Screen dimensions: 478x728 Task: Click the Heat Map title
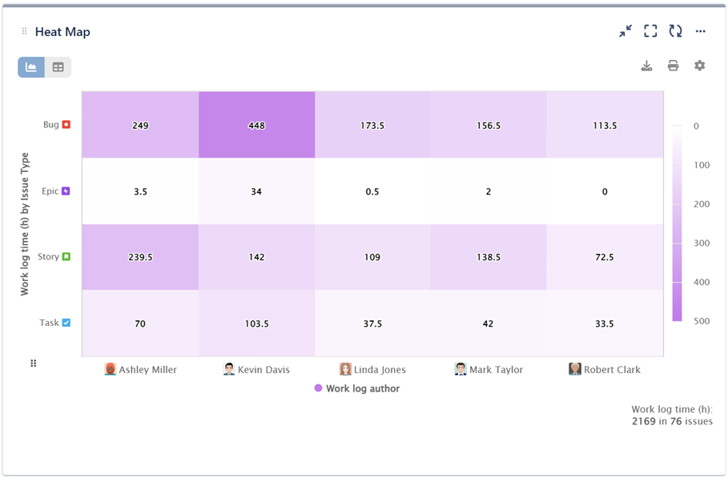(x=62, y=32)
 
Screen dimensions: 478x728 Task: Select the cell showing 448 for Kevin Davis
(x=256, y=125)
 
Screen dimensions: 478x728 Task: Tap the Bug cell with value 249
(x=140, y=125)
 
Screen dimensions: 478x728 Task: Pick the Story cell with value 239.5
(x=140, y=257)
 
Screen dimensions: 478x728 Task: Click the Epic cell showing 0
(x=605, y=191)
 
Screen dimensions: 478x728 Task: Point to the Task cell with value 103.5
(x=256, y=323)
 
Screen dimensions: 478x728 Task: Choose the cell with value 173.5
(x=372, y=125)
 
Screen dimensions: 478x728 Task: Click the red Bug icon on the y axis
(x=66, y=125)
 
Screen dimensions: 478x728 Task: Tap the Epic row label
(x=50, y=191)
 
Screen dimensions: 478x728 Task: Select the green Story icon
(x=66, y=257)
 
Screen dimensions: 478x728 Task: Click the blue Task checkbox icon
(x=66, y=323)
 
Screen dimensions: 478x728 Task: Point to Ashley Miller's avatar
(x=111, y=369)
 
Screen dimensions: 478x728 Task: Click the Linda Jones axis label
(x=380, y=370)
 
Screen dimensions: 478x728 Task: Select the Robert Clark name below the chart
(x=612, y=370)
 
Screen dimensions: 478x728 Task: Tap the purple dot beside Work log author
(x=318, y=388)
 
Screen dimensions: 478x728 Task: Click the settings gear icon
(x=699, y=66)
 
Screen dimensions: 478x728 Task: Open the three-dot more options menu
(x=700, y=32)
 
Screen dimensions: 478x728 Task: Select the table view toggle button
(x=58, y=67)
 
